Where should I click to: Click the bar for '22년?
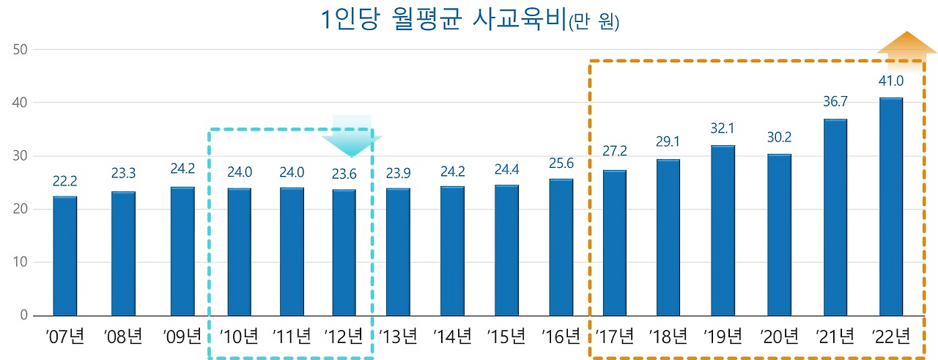pos(890,207)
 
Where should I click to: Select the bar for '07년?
pos(65,256)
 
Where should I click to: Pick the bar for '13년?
pos(398,251)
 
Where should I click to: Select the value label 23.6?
pos(344,175)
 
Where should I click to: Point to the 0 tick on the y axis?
pos(23,316)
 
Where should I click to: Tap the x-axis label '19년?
pos(723,337)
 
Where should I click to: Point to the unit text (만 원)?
pos(594,23)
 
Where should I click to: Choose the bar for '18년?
pos(668,238)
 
